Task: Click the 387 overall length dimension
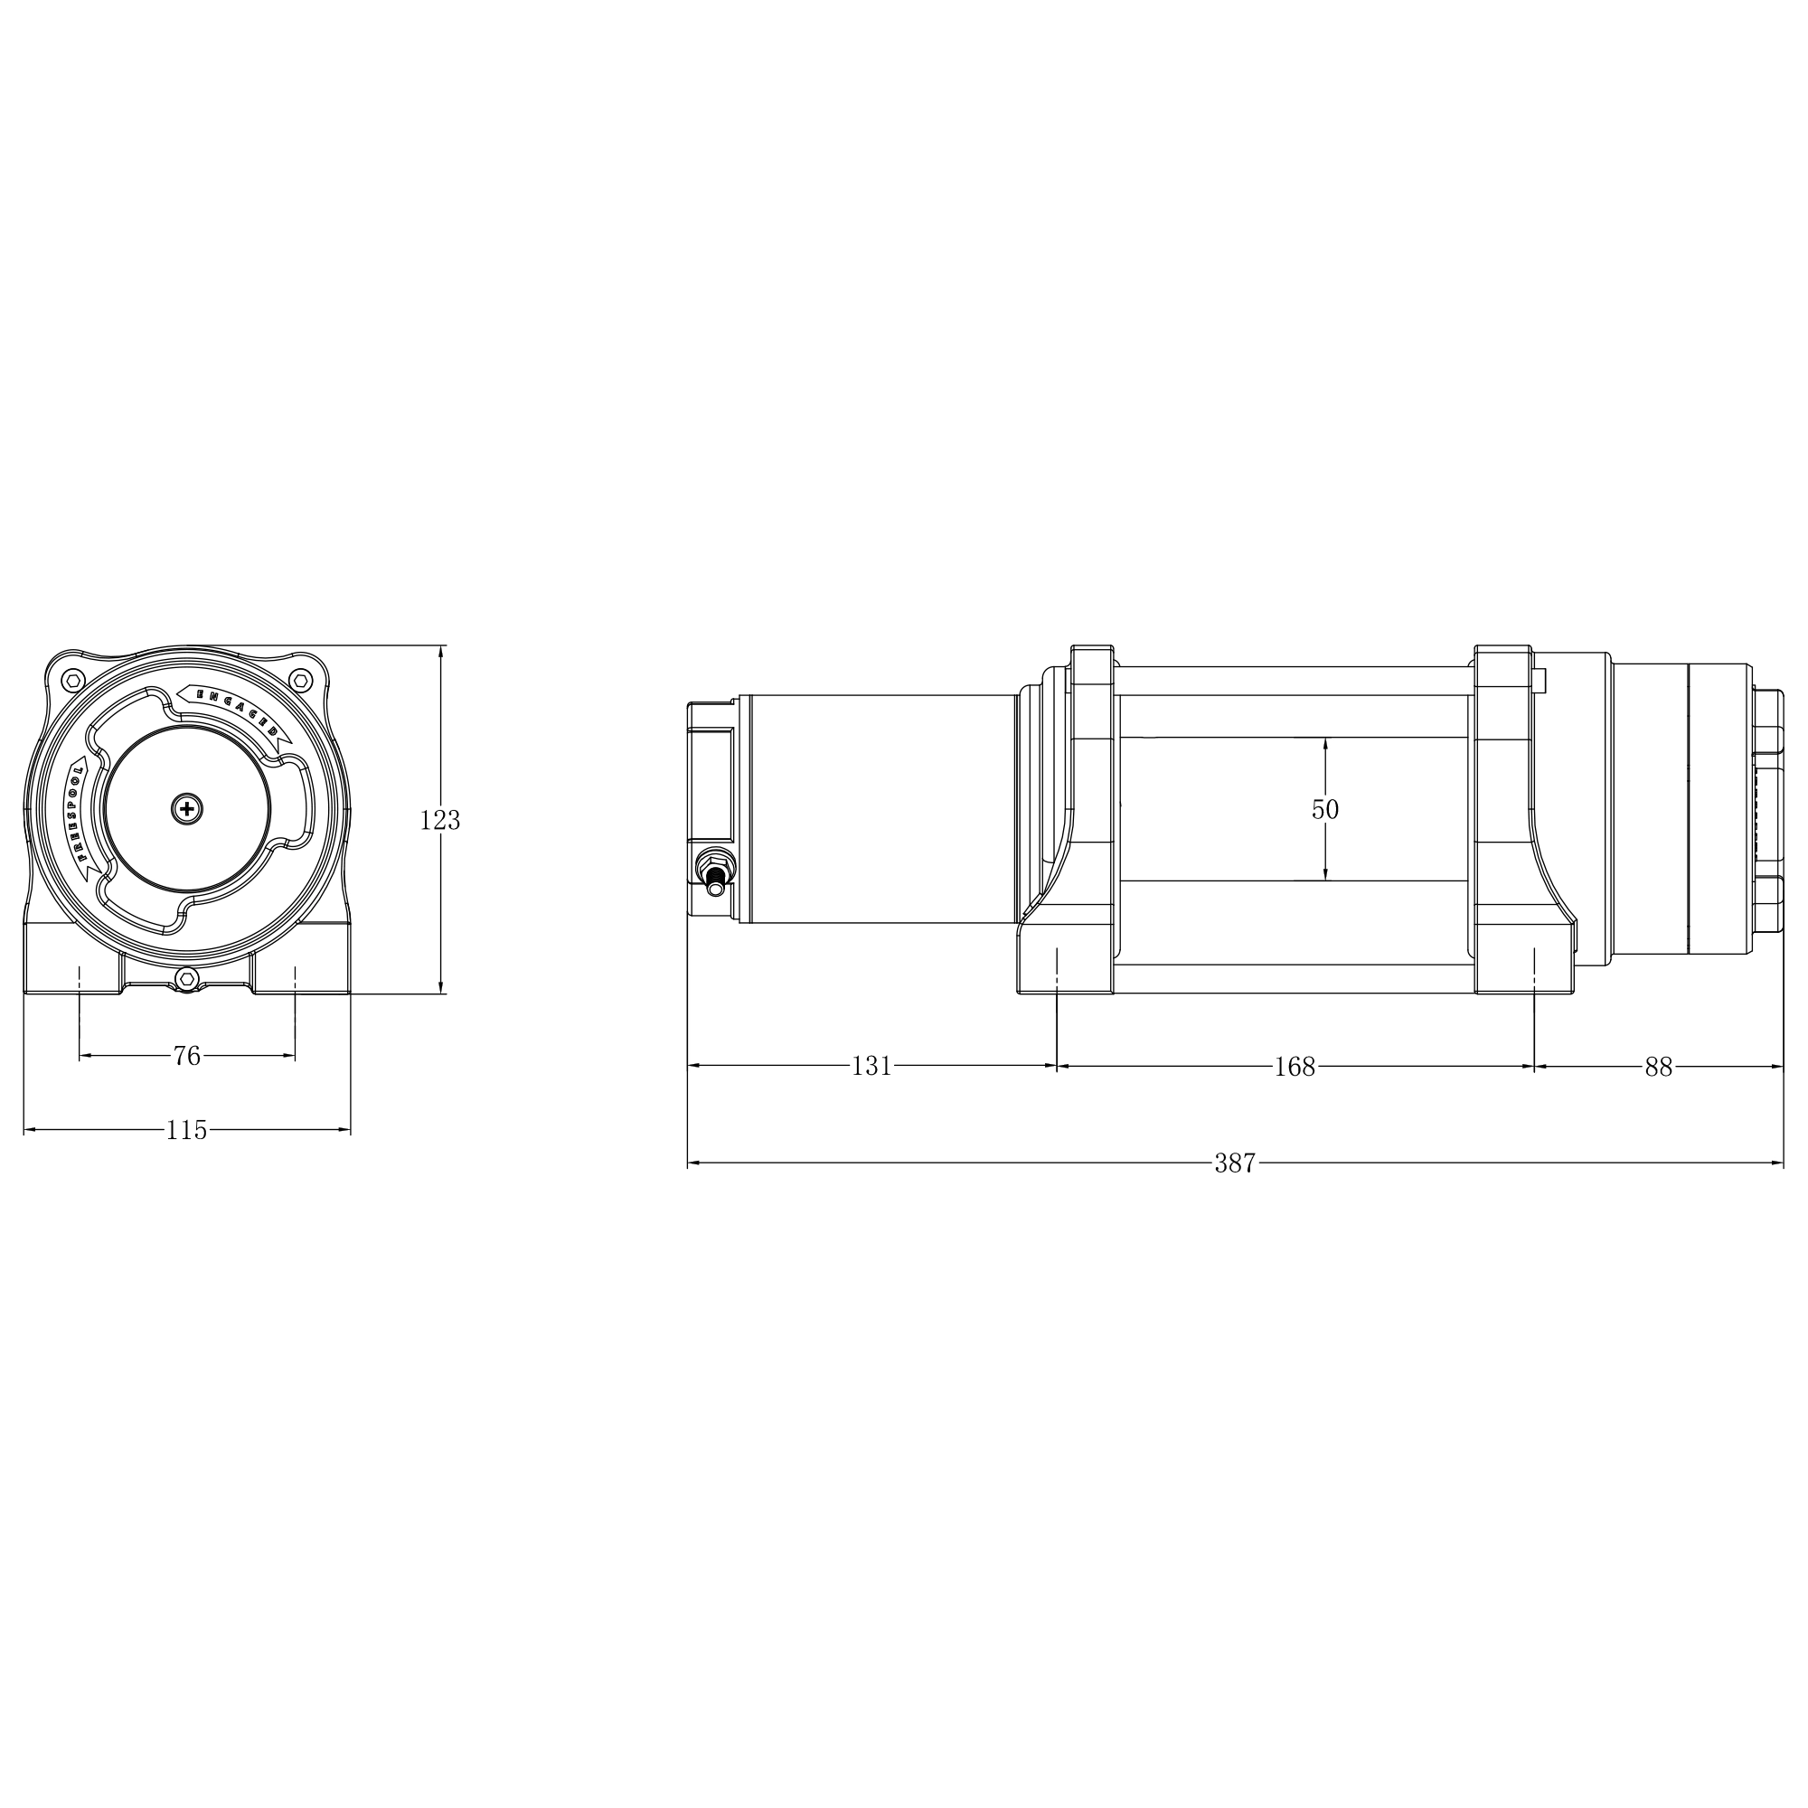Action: (x=1234, y=1163)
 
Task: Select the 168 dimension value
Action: (x=1295, y=1066)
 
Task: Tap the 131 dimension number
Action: (x=871, y=1066)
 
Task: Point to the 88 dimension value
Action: (x=1658, y=1066)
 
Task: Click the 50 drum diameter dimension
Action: (x=1325, y=809)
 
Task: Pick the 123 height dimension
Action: (x=440, y=820)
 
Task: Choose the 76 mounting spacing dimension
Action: (x=187, y=1056)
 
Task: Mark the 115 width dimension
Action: (x=186, y=1131)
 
